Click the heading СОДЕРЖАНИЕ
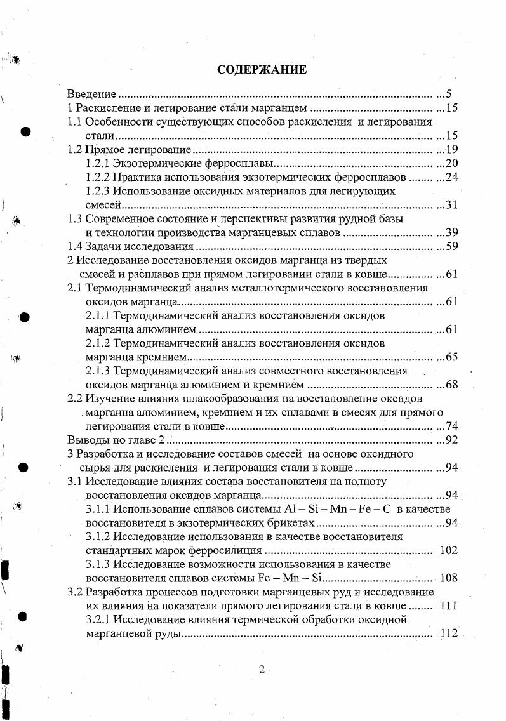pos(262,70)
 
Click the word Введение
pos(91,93)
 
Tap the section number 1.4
pos(76,247)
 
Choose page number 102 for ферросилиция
pos(448,550)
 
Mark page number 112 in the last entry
pos(448,633)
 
